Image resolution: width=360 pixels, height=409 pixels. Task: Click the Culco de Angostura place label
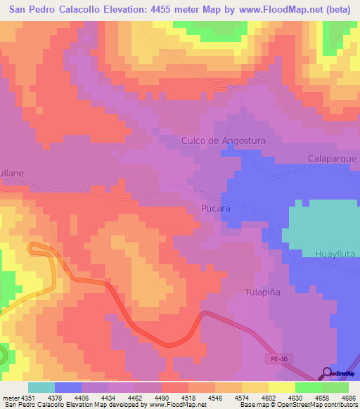pyautogui.click(x=224, y=141)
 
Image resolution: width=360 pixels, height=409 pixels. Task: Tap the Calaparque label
pyautogui.click(x=333, y=159)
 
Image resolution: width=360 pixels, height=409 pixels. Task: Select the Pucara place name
pyautogui.click(x=216, y=209)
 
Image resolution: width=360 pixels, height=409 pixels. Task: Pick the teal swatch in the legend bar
pyautogui.click(x=41, y=387)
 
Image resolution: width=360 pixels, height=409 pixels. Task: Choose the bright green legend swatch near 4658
pyautogui.click(x=308, y=387)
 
